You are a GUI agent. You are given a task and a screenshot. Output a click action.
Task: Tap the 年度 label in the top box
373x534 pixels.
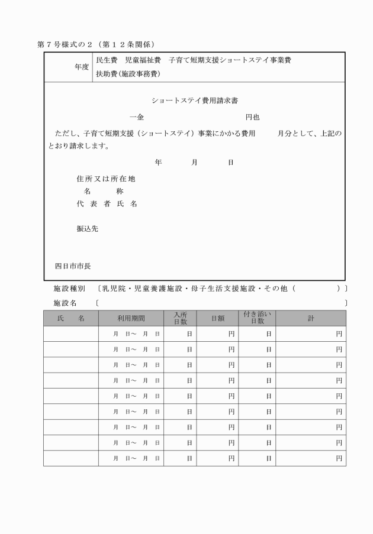click(82, 67)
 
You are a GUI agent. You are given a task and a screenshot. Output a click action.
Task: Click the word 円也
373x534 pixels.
click(253, 117)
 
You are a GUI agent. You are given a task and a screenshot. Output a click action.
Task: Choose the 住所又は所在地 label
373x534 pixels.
click(102, 179)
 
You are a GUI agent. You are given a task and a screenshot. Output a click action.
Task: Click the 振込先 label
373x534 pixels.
click(88, 229)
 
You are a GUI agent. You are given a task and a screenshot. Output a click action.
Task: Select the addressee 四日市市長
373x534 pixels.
click(73, 266)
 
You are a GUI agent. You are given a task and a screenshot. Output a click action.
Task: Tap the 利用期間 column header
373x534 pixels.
click(130, 318)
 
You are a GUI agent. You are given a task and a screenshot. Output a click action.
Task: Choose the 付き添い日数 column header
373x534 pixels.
click(257, 318)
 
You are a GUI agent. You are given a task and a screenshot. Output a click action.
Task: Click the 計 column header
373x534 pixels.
click(311, 318)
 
